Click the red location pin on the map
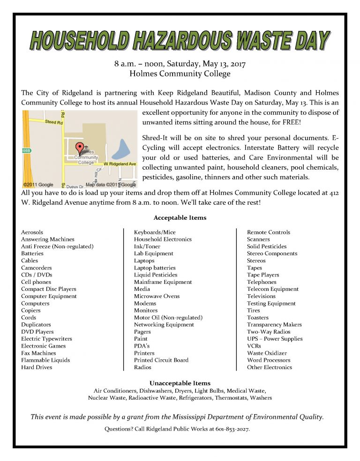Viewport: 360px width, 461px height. click(x=79, y=148)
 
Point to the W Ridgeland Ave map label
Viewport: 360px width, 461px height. click(x=120, y=164)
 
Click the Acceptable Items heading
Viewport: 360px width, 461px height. click(x=180, y=218)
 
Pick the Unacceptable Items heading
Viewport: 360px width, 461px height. click(x=180, y=383)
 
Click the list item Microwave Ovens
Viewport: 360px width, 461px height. click(x=157, y=296)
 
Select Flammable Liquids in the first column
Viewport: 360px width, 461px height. click(x=45, y=360)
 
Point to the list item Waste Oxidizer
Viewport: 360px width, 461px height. click(x=267, y=353)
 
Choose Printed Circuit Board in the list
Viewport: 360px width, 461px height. click(x=161, y=360)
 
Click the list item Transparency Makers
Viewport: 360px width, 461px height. click(x=274, y=325)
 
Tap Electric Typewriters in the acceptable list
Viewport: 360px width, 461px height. click(x=46, y=339)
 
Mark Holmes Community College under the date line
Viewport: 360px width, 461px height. click(x=180, y=74)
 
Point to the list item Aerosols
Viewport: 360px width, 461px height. click(x=32, y=232)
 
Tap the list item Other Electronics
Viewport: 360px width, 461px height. click(x=270, y=367)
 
